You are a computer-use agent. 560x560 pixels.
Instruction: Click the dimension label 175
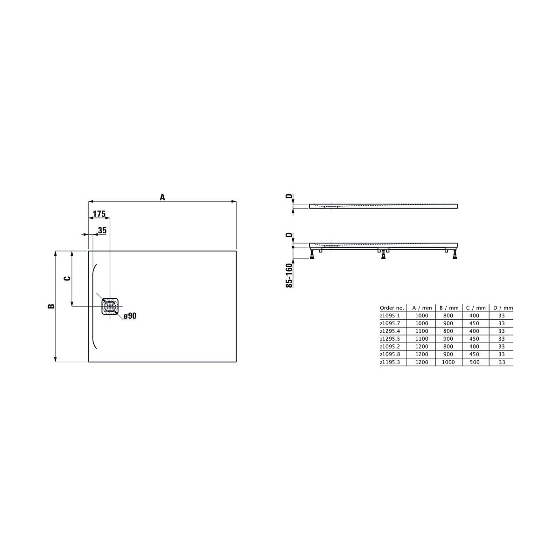click(x=99, y=214)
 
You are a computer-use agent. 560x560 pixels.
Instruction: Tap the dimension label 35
click(x=102, y=231)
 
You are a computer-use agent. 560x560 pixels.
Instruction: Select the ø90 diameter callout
click(x=130, y=316)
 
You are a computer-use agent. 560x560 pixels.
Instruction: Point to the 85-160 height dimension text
click(x=289, y=275)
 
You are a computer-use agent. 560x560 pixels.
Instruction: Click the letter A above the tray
click(x=162, y=197)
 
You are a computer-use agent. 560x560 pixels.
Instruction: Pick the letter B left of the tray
click(x=51, y=306)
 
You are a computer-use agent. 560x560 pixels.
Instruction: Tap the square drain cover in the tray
click(x=110, y=306)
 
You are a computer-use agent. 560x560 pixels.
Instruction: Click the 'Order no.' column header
click(x=392, y=308)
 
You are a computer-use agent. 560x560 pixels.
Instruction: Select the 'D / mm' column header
click(x=503, y=308)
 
